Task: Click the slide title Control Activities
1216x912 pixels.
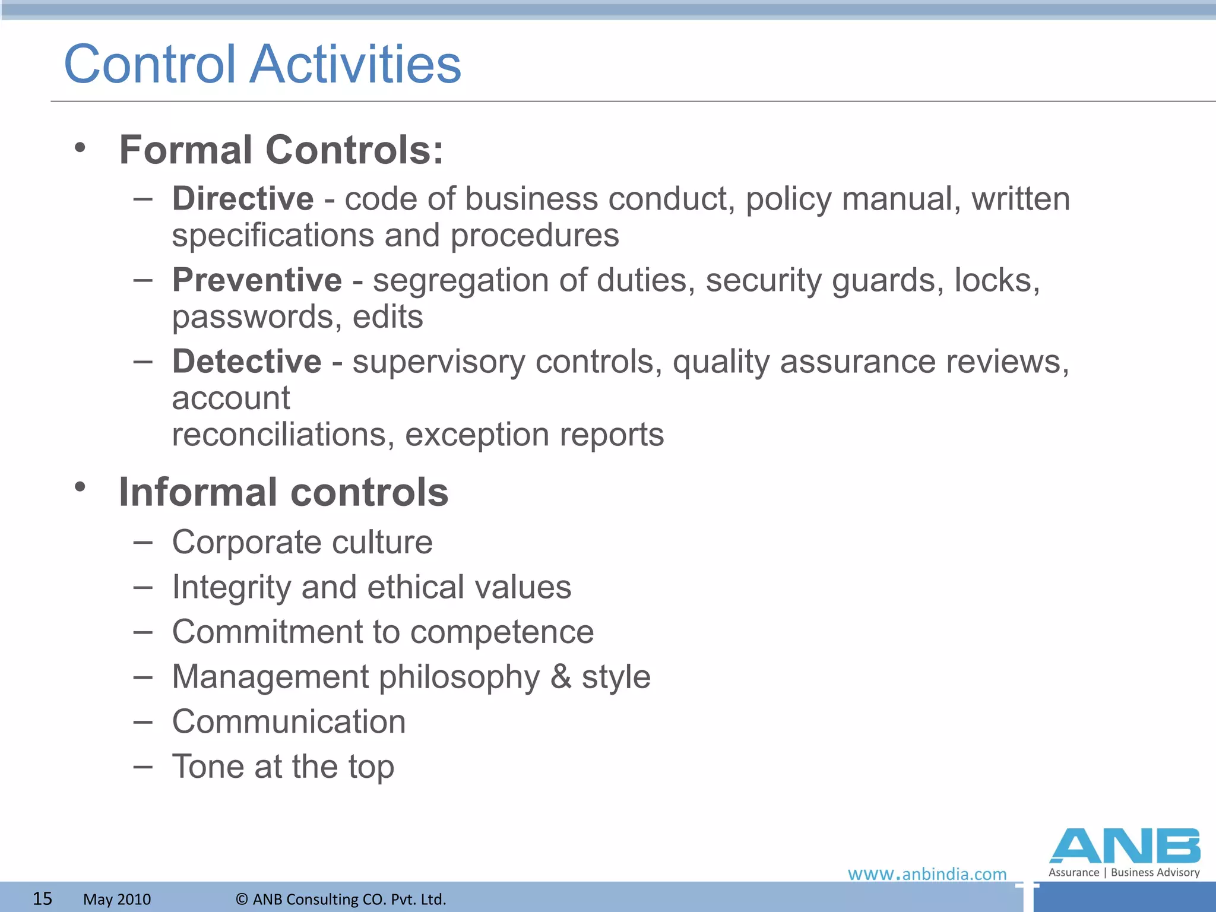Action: [262, 64]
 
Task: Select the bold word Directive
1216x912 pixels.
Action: [243, 198]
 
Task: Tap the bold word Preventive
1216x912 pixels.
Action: [257, 280]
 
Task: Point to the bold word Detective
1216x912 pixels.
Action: [247, 361]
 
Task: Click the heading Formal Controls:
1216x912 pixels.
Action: [281, 150]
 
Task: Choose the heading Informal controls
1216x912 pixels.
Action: [284, 492]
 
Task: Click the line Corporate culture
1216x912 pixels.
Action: [302, 542]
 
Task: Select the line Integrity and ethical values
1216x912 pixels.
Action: [372, 587]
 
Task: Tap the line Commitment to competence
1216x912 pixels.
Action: [383, 632]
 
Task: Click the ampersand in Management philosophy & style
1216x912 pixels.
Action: [561, 676]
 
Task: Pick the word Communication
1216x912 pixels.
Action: [289, 721]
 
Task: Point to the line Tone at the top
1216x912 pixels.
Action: [283, 767]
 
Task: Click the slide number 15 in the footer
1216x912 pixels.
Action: [42, 898]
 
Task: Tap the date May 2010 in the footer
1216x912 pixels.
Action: [117, 899]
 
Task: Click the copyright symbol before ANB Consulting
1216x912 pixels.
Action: [242, 899]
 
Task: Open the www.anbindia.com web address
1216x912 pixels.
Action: [927, 874]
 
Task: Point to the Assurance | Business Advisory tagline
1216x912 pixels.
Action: [1124, 872]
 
